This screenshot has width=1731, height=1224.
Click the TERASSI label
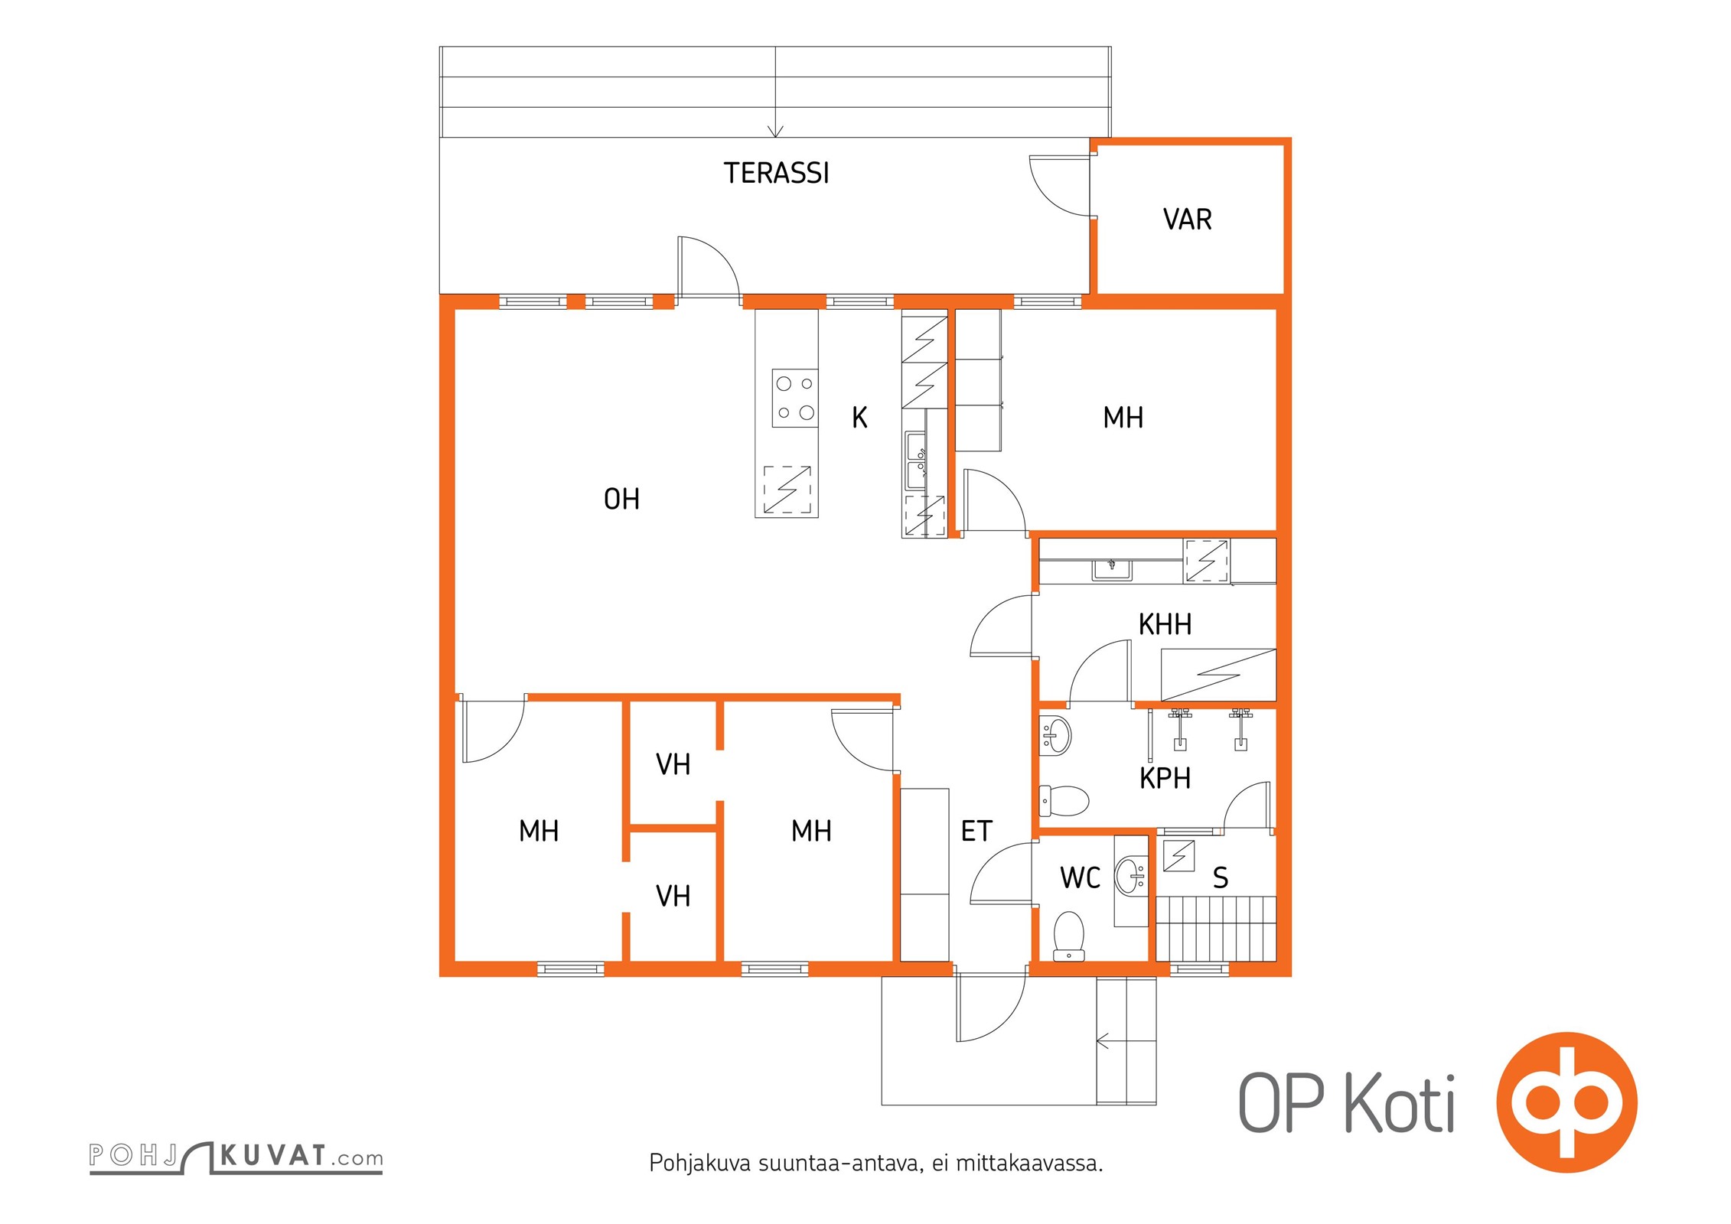(x=776, y=174)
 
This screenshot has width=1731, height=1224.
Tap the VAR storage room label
(x=1187, y=220)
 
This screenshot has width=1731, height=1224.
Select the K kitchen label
(x=859, y=418)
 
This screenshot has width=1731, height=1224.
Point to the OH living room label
(x=621, y=500)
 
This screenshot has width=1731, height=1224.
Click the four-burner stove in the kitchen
(x=795, y=399)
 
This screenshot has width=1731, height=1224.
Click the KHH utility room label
(x=1165, y=625)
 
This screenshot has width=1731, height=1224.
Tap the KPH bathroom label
(x=1165, y=779)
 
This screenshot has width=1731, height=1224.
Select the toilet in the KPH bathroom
(x=1064, y=801)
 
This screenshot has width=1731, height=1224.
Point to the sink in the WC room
(x=1130, y=876)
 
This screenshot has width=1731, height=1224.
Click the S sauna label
(x=1221, y=878)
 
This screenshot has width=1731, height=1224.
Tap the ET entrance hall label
(x=976, y=832)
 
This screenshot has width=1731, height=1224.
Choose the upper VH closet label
(x=673, y=765)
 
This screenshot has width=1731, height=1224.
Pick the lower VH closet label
(x=673, y=897)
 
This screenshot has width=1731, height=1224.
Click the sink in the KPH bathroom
(x=1055, y=735)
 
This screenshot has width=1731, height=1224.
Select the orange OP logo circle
(x=1566, y=1102)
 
